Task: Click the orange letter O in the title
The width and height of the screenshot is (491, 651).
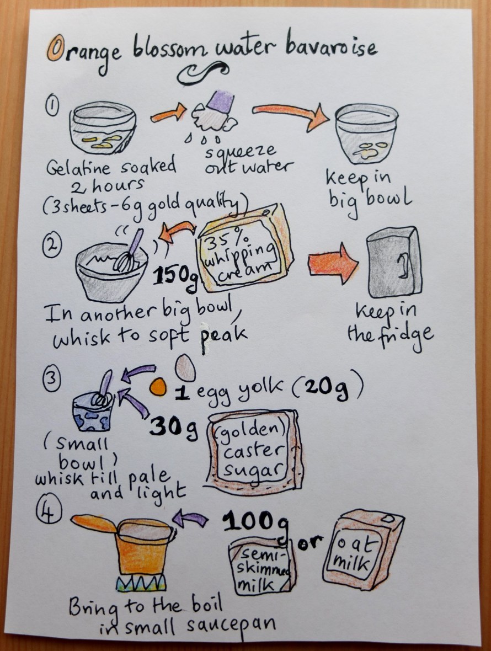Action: (56, 48)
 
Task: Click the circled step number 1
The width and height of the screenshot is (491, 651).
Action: (52, 105)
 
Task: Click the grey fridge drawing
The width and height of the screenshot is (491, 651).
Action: (394, 263)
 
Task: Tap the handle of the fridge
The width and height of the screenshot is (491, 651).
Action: (403, 266)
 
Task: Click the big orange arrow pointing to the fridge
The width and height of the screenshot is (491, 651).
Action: (333, 264)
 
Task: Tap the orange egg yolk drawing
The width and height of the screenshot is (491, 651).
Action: (158, 387)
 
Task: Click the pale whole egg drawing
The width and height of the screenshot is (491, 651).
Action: (185, 368)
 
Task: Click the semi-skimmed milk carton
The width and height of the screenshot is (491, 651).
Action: (262, 567)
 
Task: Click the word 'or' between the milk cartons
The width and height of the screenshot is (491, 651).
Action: (309, 542)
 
